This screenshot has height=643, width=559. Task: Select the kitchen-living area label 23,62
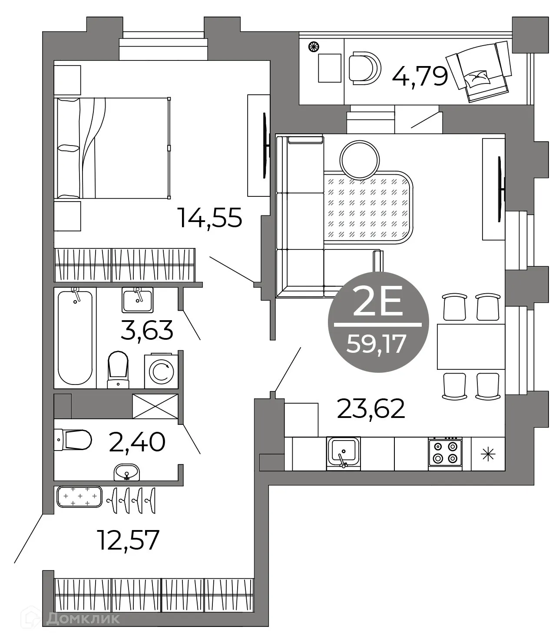[371, 409]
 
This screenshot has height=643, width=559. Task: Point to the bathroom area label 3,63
[147, 330]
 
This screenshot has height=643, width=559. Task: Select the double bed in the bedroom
[112, 148]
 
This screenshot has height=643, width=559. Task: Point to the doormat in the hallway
[79, 497]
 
